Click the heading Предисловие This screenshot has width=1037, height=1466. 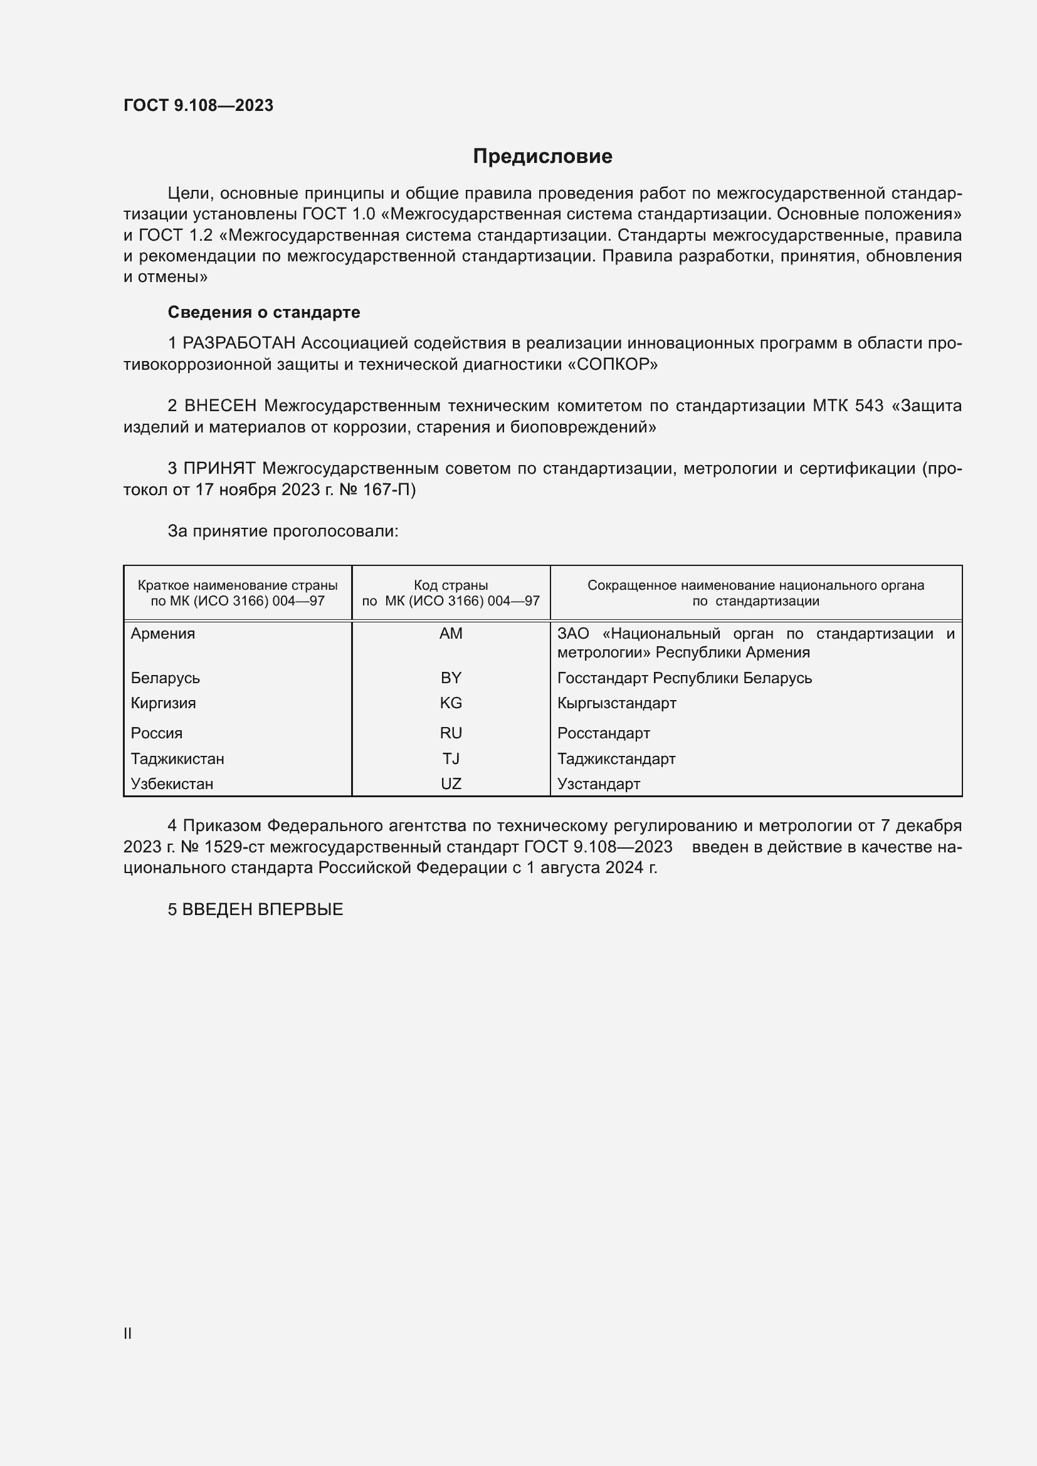click(x=542, y=157)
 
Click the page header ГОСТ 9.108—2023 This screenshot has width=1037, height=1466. click(x=199, y=105)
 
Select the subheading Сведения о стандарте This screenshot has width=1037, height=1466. click(x=264, y=312)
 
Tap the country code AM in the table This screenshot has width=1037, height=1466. click(x=451, y=634)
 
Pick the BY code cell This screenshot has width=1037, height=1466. click(x=451, y=678)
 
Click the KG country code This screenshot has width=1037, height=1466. click(x=451, y=703)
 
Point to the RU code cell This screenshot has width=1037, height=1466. click(x=451, y=733)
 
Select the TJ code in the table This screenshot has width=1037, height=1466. click(x=451, y=758)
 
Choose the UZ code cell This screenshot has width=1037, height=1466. click(x=451, y=783)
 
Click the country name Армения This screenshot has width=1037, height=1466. click(x=163, y=634)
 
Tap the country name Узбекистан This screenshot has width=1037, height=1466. click(x=172, y=783)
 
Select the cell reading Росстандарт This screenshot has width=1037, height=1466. click(x=603, y=733)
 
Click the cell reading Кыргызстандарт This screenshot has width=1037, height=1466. click(x=616, y=703)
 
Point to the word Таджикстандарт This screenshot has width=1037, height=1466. click(x=616, y=758)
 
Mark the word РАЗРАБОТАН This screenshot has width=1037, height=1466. click(x=240, y=343)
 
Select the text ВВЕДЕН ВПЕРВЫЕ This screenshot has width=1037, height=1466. click(x=263, y=909)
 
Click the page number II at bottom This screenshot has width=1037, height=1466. click(x=128, y=1333)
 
